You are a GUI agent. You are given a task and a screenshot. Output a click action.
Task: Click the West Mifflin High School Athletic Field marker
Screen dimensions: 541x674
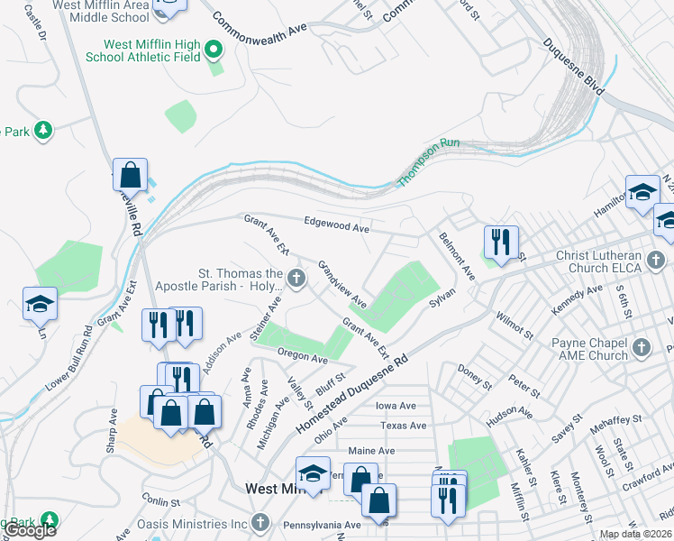point(214,49)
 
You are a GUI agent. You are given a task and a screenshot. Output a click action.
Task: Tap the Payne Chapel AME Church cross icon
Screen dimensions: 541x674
point(641,347)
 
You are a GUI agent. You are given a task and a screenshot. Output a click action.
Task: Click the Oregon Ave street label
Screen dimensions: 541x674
point(302,357)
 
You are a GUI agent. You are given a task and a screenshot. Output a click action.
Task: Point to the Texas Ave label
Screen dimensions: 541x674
point(402,426)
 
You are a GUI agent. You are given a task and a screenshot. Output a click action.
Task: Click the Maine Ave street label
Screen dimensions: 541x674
point(371,451)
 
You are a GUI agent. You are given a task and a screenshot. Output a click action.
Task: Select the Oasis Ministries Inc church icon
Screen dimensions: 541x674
point(260,521)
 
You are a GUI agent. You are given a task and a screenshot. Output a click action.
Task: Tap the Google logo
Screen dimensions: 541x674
point(30,530)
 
